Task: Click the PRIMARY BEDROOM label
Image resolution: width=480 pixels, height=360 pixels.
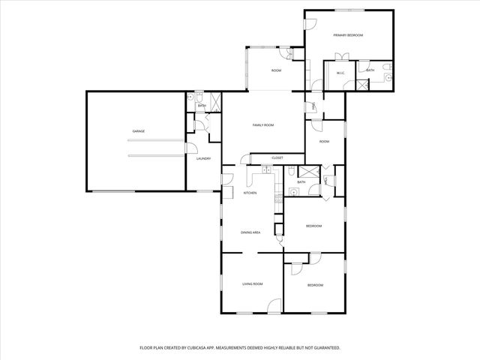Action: coord(349,35)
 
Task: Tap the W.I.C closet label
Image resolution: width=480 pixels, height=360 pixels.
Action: coord(340,73)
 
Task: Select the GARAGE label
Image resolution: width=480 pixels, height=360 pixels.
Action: coord(139,131)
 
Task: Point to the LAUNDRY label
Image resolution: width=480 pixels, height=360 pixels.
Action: coord(203,158)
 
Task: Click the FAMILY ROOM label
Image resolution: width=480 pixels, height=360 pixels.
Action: coord(262,124)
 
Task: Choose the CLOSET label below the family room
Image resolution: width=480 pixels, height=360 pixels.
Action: coord(277,158)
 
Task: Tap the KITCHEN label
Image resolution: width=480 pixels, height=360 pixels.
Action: coord(250,193)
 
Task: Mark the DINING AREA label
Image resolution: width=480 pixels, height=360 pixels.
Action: coord(250,232)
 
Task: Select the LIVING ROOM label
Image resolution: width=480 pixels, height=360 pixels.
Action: coord(252,284)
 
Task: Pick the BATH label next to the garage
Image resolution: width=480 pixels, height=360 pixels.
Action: coord(202,106)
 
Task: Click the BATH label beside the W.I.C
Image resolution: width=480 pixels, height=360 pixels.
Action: coord(370,70)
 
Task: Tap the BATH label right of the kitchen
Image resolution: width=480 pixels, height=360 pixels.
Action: coord(301,182)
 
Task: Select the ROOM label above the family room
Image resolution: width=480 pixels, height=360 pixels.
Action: coord(276,70)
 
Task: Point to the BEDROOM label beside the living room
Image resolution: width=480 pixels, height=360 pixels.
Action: coord(315,285)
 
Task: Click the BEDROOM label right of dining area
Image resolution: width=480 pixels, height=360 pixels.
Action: coord(313,226)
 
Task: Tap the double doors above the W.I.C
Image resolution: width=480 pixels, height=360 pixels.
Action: coord(342,57)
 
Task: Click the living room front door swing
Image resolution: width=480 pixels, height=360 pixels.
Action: coord(274,304)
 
